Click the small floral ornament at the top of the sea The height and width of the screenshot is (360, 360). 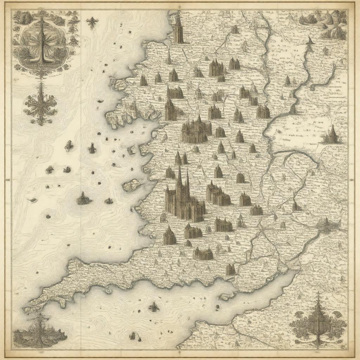[x=92, y=23]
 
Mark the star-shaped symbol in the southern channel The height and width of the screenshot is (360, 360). [x=154, y=307]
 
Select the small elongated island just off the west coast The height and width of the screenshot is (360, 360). [x=131, y=185]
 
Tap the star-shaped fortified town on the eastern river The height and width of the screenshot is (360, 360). [x=326, y=225]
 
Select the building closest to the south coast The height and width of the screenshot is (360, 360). [x=230, y=270]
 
